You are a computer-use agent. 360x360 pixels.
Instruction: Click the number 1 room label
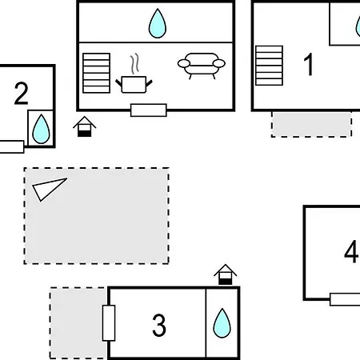pyautogui.click(x=309, y=64)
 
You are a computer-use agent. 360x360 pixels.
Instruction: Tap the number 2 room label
pyautogui.click(x=21, y=94)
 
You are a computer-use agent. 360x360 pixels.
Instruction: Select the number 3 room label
pyautogui.click(x=159, y=325)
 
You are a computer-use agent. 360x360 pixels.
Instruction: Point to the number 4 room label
pyautogui.click(x=351, y=251)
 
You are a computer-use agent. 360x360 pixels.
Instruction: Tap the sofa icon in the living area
pyautogui.click(x=202, y=66)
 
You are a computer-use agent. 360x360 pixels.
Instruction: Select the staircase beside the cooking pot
pyautogui.click(x=97, y=73)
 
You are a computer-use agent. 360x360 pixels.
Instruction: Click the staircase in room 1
pyautogui.click(x=269, y=66)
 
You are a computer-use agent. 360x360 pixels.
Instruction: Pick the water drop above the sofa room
pyautogui.click(x=158, y=23)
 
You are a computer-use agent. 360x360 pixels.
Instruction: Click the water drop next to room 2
pyautogui.click(x=41, y=129)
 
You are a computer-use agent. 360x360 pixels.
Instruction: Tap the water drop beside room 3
pyautogui.click(x=222, y=323)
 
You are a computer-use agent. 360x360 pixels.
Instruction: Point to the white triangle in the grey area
pyautogui.click(x=48, y=188)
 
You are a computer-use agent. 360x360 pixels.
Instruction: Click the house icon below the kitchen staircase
pyautogui.click(x=84, y=126)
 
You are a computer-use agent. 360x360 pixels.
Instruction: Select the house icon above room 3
pyautogui.click(x=226, y=274)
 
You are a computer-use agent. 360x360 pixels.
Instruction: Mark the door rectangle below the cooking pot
pyautogui.click(x=149, y=110)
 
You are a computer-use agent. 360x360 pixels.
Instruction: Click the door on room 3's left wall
pyautogui.click(x=109, y=323)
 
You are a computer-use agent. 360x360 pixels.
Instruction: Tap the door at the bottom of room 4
pyautogui.click(x=345, y=299)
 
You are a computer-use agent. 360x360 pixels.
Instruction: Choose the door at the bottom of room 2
pyautogui.click(x=12, y=147)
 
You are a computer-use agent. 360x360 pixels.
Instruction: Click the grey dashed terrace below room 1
pyautogui.click(x=311, y=124)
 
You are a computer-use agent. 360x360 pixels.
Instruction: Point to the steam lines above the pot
pyautogui.click(x=135, y=63)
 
